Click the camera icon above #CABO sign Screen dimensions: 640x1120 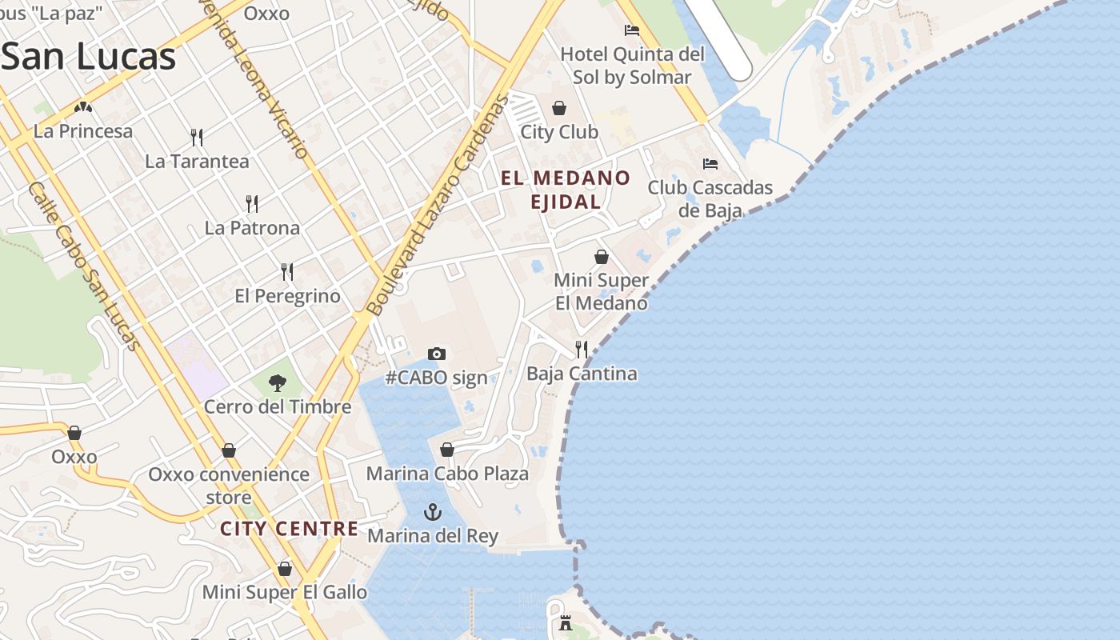coord(436,354)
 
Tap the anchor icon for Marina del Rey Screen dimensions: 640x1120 coord(433,512)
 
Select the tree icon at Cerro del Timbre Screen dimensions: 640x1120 coord(278,382)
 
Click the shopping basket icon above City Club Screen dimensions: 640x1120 coord(559,108)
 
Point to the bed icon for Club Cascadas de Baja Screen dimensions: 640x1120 coord(710,164)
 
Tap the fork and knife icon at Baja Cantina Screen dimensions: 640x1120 coord(582,350)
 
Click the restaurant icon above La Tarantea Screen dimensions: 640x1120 coord(197,137)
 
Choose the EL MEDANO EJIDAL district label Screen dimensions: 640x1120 coord(566,190)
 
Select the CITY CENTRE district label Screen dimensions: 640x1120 coord(289,529)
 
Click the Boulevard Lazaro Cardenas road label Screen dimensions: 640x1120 coord(437,206)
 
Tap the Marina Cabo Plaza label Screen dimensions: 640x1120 coord(447,474)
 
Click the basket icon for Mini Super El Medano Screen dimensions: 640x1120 coord(602,257)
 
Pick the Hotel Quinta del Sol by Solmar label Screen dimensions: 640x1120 coord(632,66)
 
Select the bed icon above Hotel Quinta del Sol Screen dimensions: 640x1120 coord(632,30)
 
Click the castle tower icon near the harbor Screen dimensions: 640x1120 coord(566,623)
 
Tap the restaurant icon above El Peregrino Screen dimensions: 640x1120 coord(287,272)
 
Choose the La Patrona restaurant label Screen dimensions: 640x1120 coord(252,228)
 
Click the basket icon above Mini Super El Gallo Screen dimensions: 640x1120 coord(285,569)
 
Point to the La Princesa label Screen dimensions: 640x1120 coord(83,131)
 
